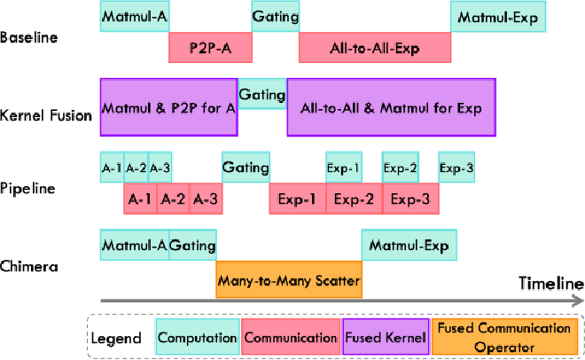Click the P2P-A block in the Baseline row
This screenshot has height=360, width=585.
click(210, 47)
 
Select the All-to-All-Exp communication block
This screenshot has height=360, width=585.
click(375, 47)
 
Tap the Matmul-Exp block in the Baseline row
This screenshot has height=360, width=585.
click(498, 17)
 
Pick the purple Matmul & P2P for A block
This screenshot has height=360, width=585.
click(169, 107)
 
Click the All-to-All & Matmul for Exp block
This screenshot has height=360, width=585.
click(392, 107)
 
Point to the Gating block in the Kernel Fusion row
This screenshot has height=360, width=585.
click(262, 94)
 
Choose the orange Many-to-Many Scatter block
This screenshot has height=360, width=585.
click(289, 279)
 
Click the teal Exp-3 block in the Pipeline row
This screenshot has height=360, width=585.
click(456, 167)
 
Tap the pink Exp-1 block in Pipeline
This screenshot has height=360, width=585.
click(297, 199)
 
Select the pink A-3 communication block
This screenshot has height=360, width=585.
click(206, 199)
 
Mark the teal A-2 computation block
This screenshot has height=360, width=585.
click(136, 167)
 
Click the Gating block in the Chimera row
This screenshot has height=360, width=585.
click(192, 245)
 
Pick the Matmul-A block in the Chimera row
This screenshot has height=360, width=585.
click(135, 245)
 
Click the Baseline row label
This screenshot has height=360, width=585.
click(28, 37)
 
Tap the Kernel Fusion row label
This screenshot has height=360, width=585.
click(46, 115)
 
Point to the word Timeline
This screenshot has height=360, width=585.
click(551, 284)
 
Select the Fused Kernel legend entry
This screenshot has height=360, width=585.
click(386, 336)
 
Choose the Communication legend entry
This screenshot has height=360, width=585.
click(291, 336)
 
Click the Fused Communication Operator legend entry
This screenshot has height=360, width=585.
click(504, 336)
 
